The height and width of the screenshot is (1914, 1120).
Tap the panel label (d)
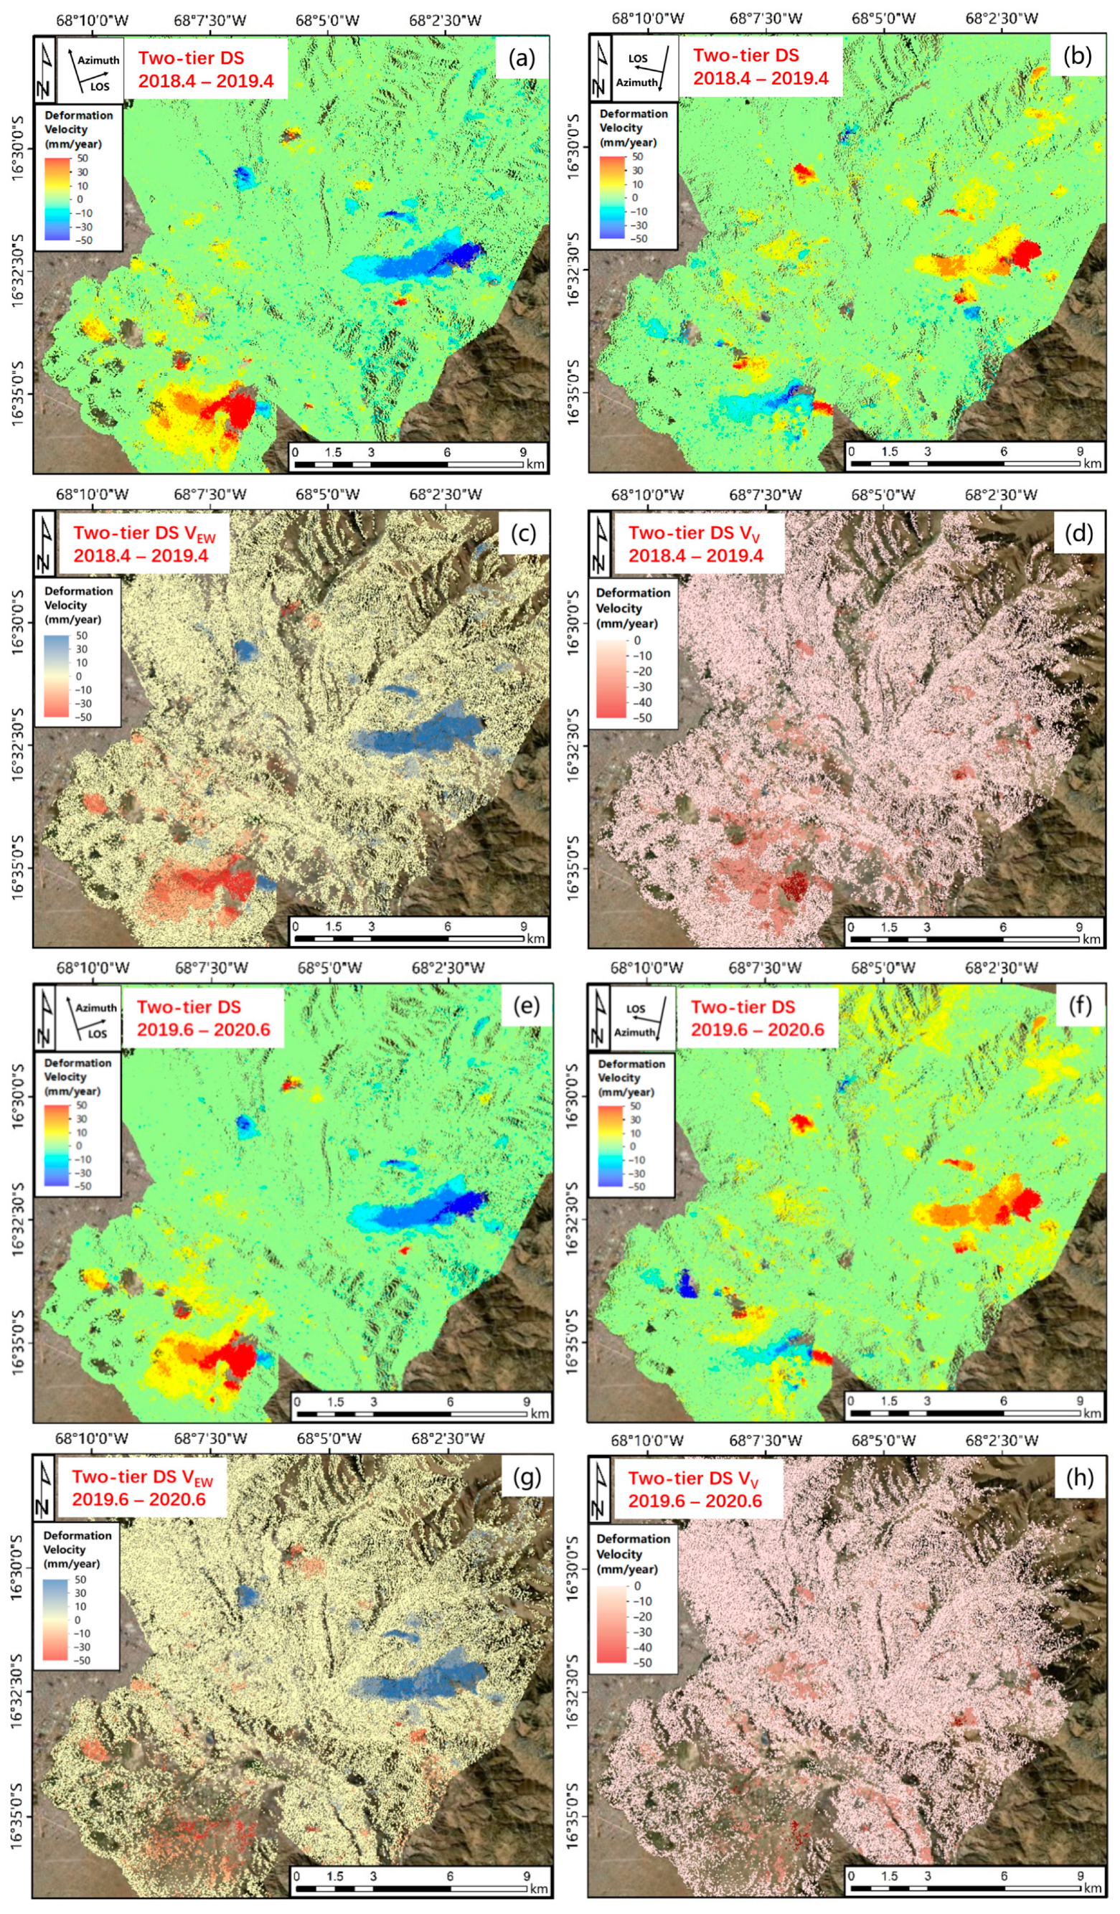[1078, 532]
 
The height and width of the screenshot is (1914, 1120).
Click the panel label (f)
[1078, 1006]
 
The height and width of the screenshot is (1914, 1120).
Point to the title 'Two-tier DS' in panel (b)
[745, 55]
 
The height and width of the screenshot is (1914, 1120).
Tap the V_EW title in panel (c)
[144, 534]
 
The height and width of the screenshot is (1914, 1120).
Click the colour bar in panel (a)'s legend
[59, 198]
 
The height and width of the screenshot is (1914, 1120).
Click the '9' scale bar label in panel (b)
[1079, 451]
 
